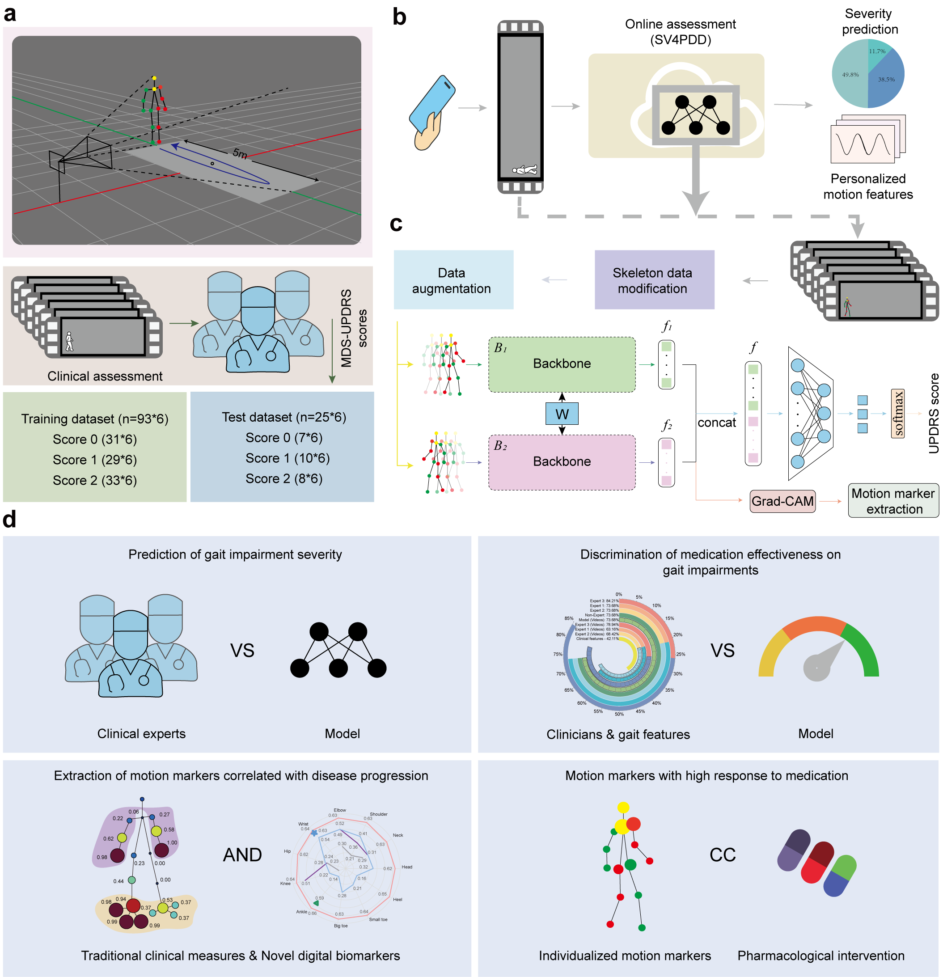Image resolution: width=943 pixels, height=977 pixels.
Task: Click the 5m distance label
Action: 240,153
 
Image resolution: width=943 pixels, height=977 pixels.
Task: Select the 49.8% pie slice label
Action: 850,75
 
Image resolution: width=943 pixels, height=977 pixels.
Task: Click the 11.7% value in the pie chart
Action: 877,51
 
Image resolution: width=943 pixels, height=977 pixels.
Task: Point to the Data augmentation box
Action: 452,280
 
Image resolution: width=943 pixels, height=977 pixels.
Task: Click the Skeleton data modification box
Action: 654,280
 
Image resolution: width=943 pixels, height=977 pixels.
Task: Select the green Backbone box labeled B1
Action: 561,364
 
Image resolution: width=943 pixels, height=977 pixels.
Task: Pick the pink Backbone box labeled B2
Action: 561,461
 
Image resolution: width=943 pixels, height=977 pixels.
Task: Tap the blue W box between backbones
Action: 562,414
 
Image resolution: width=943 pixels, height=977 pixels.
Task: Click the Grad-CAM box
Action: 782,501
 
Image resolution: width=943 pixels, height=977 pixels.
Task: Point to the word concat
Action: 716,423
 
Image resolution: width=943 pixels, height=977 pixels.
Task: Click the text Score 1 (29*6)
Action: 95,460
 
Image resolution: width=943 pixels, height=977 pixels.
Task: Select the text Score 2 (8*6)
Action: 283,478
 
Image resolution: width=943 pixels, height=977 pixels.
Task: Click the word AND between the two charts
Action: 242,855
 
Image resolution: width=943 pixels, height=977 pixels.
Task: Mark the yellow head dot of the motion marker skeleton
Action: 623,807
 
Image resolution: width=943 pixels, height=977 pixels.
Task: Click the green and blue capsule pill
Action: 840,875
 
